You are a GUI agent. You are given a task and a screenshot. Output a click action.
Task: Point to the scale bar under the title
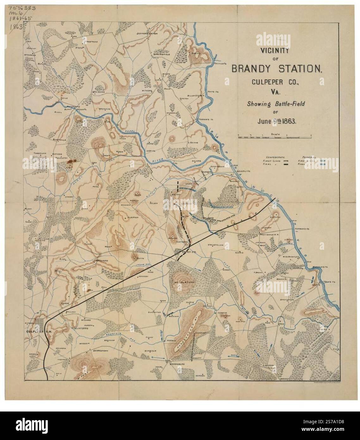point(275,137)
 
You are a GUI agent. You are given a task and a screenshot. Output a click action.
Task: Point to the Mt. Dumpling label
point(182,281)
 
